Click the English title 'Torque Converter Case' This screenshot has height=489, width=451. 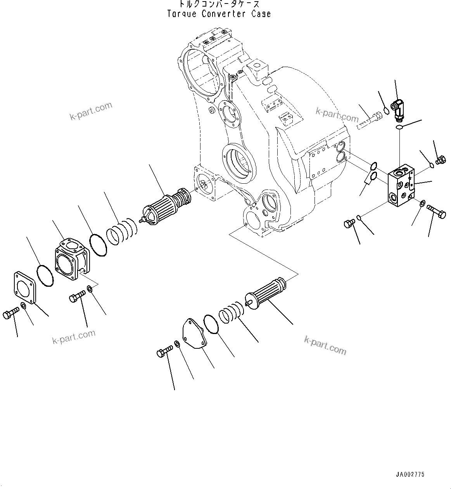[x=219, y=14]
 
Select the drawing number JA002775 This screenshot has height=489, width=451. [x=410, y=474]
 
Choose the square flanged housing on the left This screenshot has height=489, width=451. [x=72, y=260]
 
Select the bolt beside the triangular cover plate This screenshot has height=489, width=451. [x=164, y=352]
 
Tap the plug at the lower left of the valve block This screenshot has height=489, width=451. [x=349, y=223]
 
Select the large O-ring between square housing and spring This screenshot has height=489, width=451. [x=98, y=244]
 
